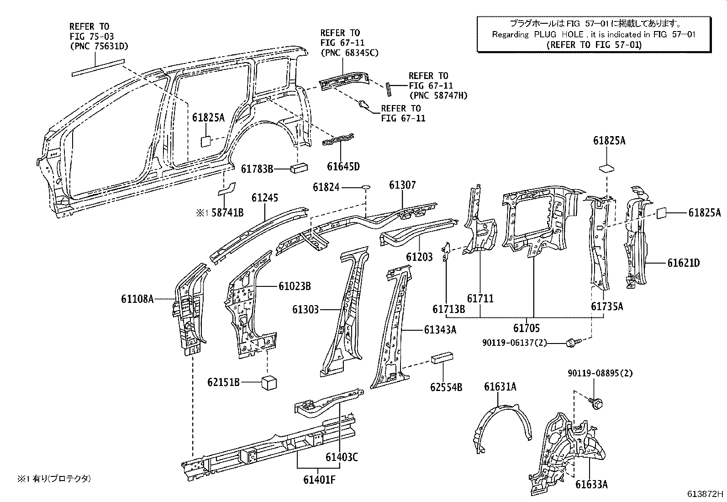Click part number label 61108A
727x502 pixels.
click(x=137, y=299)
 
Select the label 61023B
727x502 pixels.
click(x=295, y=286)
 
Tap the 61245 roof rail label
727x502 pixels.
click(x=265, y=198)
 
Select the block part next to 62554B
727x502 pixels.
click(x=442, y=357)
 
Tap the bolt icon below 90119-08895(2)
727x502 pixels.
click(x=596, y=402)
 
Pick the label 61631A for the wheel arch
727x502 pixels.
click(x=500, y=387)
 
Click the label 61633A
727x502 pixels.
click(x=591, y=484)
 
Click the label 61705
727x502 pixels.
click(x=526, y=328)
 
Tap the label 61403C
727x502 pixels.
click(x=342, y=456)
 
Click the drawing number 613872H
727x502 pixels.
click(x=706, y=494)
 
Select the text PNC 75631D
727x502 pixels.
click(x=99, y=46)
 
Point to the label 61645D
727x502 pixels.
click(x=343, y=166)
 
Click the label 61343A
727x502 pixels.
click(x=440, y=330)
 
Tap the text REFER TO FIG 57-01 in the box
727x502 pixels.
click(x=594, y=45)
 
